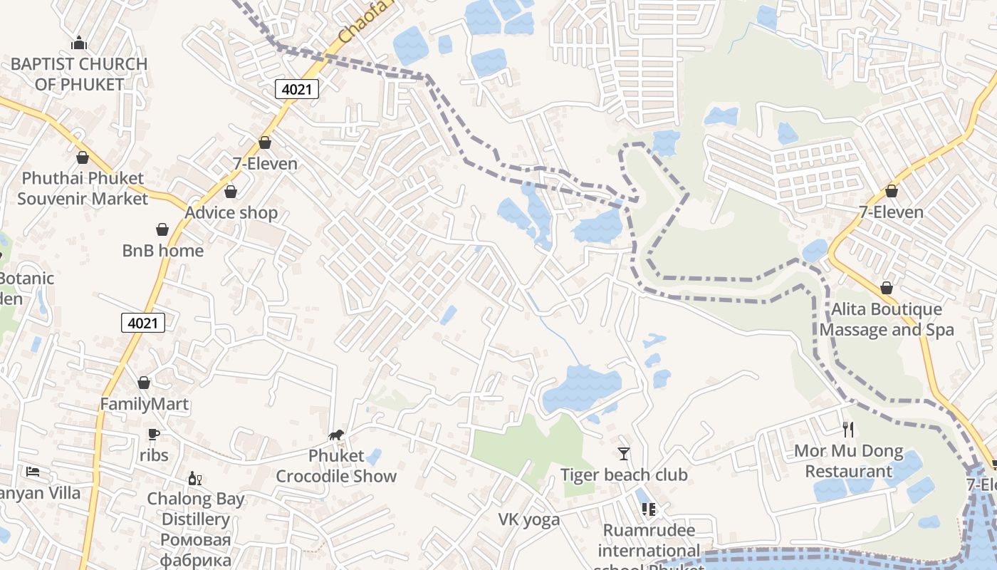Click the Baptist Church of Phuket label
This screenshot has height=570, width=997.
pos(79,74)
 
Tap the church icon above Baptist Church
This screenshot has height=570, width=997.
pos(79,43)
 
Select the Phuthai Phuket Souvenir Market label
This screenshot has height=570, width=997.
pos(83,188)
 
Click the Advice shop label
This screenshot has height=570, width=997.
pos(231,212)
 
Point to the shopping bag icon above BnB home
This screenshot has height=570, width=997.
pos(162,229)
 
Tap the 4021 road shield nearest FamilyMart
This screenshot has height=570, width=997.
pos(142,323)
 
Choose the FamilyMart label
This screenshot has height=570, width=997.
pos(144,404)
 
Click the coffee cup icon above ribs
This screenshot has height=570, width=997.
pos(153,434)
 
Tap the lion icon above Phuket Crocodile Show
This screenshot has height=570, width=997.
pos(336,435)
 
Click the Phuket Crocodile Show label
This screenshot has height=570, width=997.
pos(336,466)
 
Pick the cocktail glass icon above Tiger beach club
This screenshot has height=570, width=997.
pos(624,453)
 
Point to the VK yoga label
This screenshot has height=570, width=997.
pos(529,519)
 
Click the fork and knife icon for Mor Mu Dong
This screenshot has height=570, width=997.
pos(848,429)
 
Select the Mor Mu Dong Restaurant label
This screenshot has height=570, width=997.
pos(848,461)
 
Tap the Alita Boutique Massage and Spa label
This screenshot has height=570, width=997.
pos(887,319)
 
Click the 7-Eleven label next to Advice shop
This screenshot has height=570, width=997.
pos(265,163)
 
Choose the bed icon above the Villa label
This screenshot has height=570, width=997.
pos(33,472)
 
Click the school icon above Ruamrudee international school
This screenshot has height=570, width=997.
pos(649,509)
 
